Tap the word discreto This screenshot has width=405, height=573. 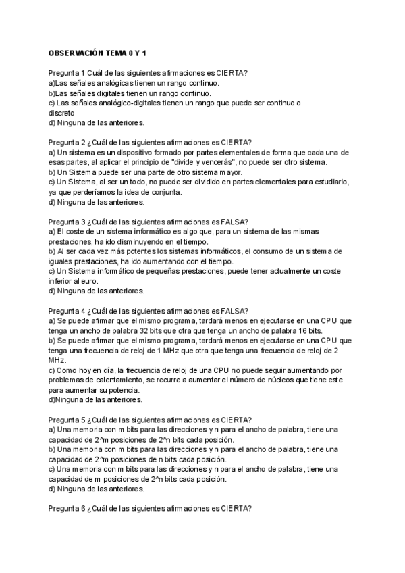coord(61,113)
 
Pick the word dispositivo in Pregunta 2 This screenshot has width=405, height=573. coord(130,153)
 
